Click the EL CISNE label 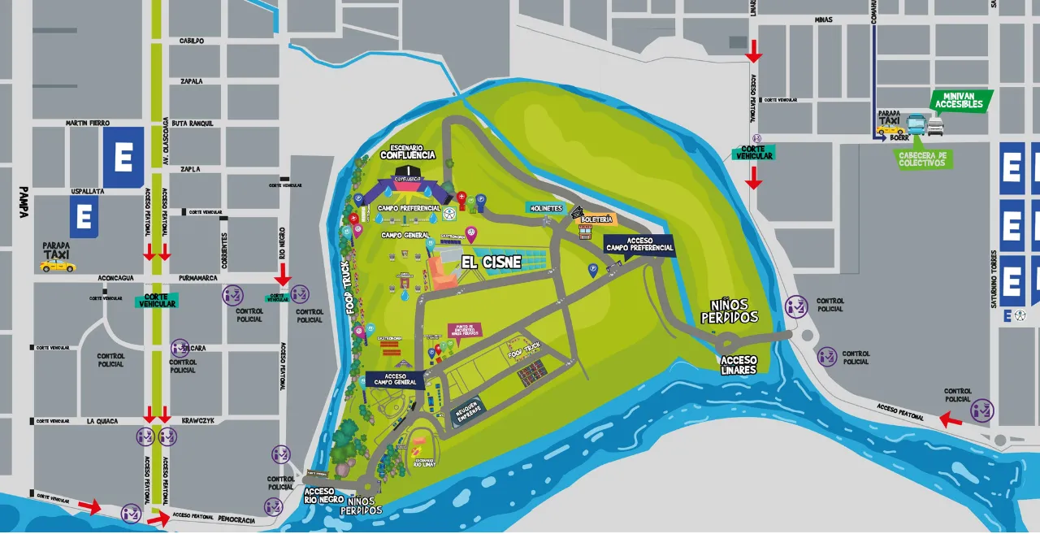[x=491, y=262]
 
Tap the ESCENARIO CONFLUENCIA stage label [x=408, y=150]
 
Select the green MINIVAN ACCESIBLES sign [x=959, y=100]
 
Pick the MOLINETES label [x=546, y=208]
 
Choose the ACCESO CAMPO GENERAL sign [x=395, y=380]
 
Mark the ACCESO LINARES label [x=739, y=365]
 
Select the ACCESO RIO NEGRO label [x=324, y=496]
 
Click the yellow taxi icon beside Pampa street [x=58, y=266]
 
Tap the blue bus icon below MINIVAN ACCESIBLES [x=916, y=124]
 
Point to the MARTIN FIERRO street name [x=87, y=123]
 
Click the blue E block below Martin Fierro [x=123, y=158]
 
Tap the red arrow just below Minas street [x=754, y=50]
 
